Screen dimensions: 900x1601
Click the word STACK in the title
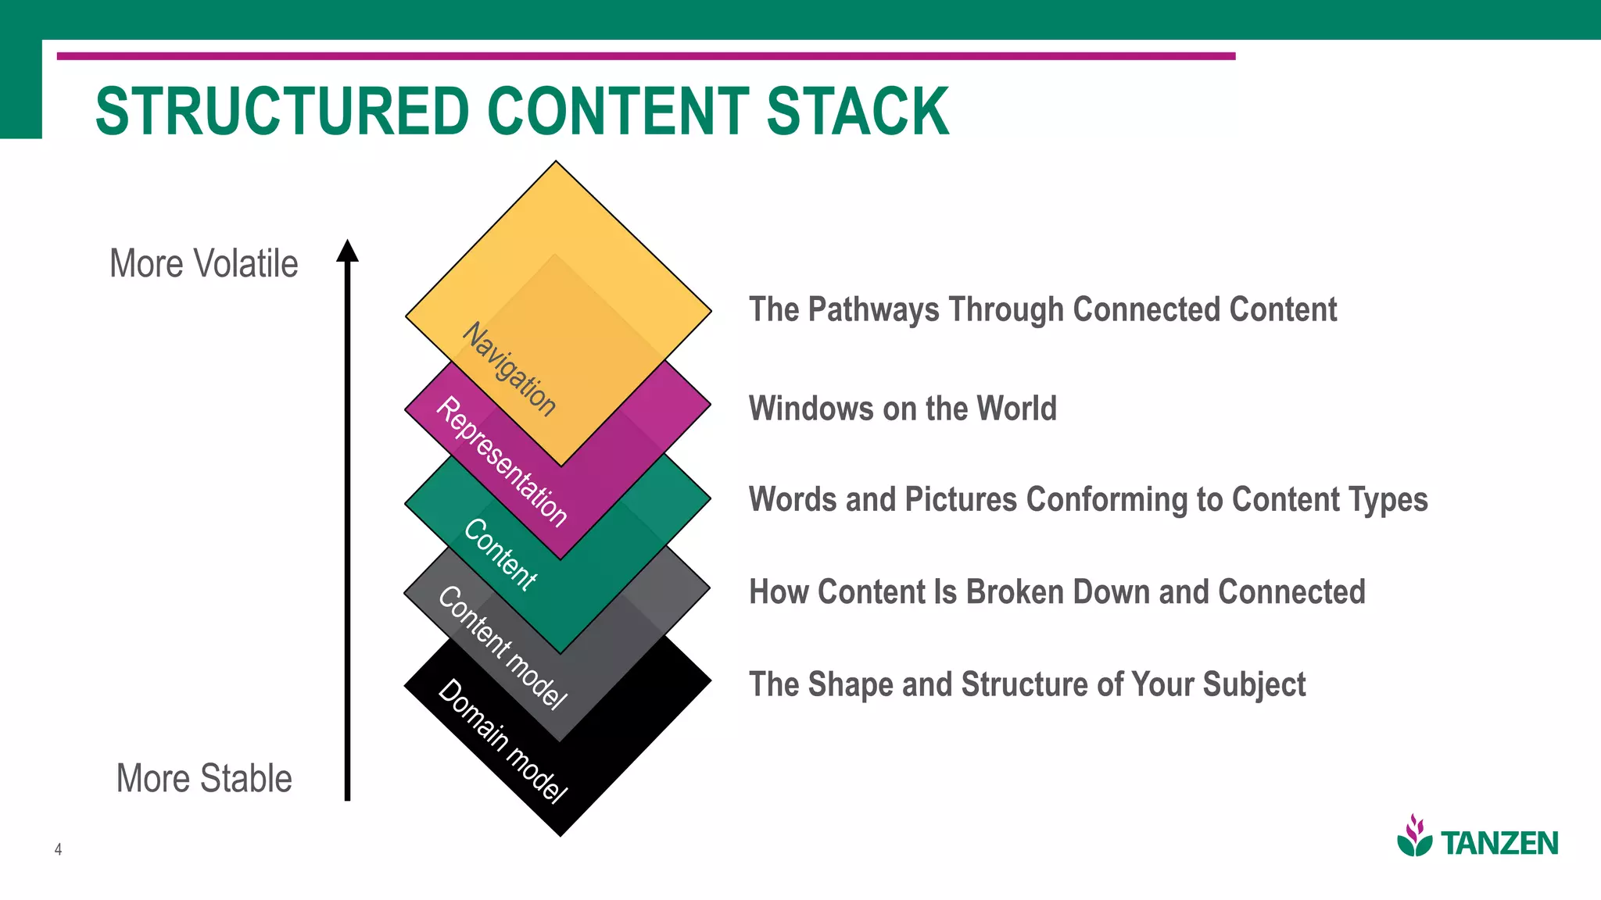coord(858,112)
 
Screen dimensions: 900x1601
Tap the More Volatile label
coord(204,264)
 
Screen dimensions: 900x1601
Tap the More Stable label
coord(204,779)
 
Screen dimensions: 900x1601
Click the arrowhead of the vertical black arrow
coord(347,251)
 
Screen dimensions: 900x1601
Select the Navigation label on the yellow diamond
coord(510,370)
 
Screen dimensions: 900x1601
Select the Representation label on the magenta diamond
coord(501,462)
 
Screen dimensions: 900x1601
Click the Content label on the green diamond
coord(500,555)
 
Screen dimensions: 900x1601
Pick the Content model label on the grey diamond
coord(501,648)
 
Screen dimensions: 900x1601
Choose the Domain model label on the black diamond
coord(501,741)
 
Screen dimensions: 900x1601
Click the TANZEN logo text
coord(1499,844)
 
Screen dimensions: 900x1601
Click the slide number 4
coord(58,849)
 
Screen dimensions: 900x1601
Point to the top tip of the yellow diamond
coord(556,162)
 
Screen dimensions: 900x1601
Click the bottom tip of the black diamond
coord(561,835)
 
